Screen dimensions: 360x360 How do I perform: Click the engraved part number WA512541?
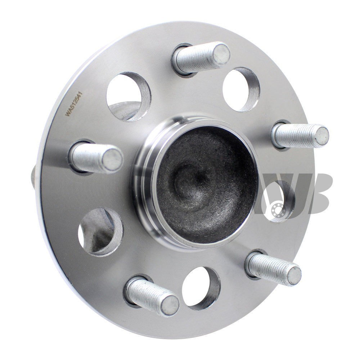point(74,105)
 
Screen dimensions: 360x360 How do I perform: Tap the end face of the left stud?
point(112,158)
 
